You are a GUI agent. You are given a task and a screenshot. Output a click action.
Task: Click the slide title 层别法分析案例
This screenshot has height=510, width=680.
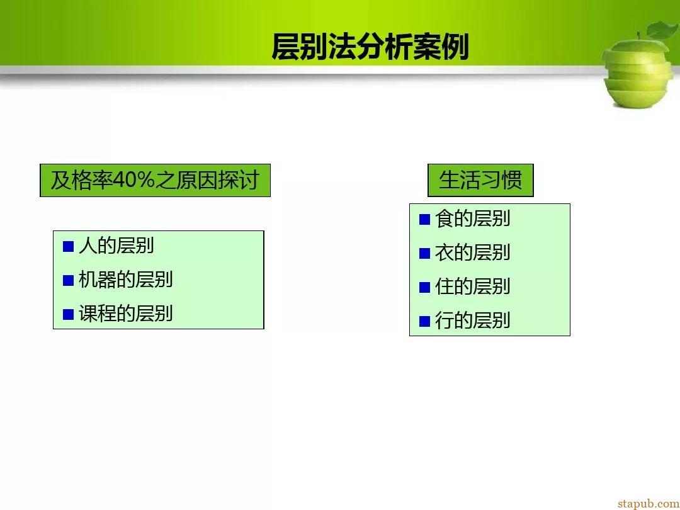click(x=370, y=47)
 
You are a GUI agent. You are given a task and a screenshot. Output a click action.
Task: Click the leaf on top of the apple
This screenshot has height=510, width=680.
click(x=662, y=30)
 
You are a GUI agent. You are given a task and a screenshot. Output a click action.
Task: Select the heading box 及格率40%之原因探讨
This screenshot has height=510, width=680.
click(x=156, y=181)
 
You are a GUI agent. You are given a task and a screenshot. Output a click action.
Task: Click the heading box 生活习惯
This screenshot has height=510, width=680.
click(x=480, y=181)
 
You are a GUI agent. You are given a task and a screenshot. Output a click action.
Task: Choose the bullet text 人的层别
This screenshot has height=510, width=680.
click(x=116, y=246)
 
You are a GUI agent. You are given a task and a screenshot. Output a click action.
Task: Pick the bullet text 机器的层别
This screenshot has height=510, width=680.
click(x=126, y=280)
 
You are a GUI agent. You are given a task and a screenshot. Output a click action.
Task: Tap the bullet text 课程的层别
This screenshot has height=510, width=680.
click(x=126, y=314)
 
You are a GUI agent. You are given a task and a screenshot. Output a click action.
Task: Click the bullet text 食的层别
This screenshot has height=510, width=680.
click(x=473, y=218)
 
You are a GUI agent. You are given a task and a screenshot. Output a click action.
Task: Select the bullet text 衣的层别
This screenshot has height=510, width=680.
click(x=473, y=252)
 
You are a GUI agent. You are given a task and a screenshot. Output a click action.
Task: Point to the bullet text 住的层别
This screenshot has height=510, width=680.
click(x=473, y=286)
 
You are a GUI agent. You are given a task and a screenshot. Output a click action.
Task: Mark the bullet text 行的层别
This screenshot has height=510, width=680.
click(x=473, y=320)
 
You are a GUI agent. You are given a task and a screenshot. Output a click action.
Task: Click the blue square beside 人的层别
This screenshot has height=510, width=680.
click(x=69, y=247)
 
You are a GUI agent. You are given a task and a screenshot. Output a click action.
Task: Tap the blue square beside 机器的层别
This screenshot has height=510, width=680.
click(x=69, y=281)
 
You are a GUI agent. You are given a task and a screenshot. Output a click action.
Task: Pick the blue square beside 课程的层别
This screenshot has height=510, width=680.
click(x=69, y=314)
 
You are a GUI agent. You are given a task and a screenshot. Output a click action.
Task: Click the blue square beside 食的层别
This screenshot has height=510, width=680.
click(x=424, y=220)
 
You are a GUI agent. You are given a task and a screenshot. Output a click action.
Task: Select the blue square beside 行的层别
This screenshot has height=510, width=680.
click(x=424, y=321)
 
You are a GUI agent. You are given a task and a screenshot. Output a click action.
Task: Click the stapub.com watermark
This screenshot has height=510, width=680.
click(x=649, y=503)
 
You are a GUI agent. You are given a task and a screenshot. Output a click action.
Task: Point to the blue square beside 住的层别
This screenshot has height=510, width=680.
click(x=424, y=288)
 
